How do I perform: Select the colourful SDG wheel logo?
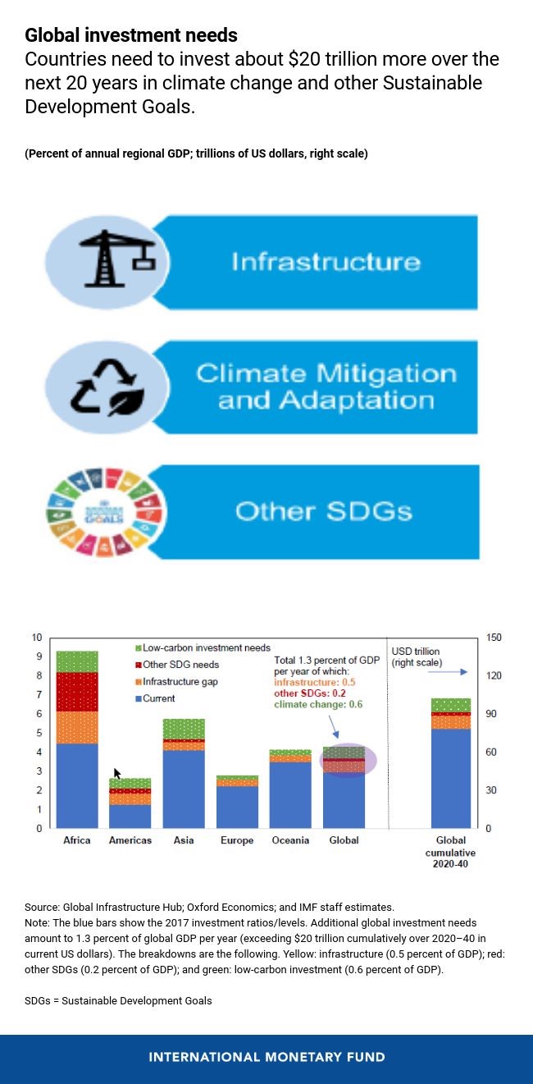105,511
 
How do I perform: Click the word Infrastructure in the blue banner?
326,262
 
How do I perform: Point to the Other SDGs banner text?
323,511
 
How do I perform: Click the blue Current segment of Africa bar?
77,785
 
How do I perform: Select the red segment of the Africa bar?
77,692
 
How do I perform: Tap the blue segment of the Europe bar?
237,807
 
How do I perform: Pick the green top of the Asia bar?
184,729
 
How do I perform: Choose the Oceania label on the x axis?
290,841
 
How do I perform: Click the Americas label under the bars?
130,841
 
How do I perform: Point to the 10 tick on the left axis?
37,638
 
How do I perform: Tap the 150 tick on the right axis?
494,638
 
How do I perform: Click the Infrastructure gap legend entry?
180,682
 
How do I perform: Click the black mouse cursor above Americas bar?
117,774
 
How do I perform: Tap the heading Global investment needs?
131,35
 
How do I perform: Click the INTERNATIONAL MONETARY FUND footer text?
266,1057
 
